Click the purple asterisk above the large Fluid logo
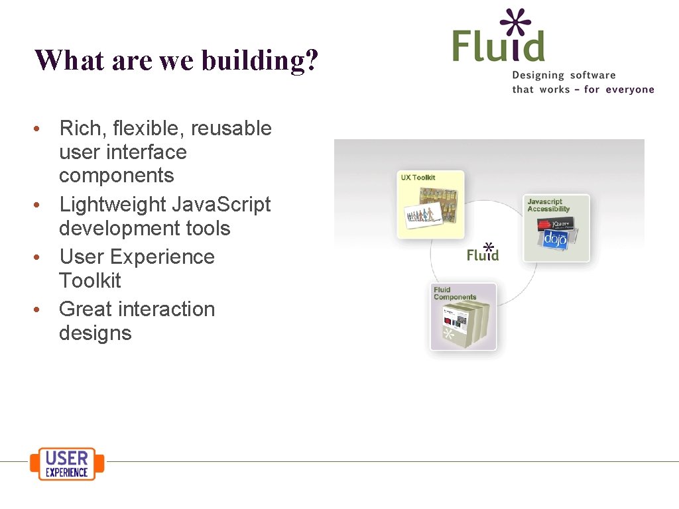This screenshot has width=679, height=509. pos(516,23)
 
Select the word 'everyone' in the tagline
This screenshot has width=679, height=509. pos(628,89)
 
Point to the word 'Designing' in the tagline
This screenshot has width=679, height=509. pos(538,76)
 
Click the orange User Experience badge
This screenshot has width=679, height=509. pos(67,463)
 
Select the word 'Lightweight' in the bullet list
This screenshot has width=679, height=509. pos(113,204)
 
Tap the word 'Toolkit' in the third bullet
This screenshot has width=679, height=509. pos(90,280)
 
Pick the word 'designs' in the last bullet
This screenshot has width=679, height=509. pos(95,333)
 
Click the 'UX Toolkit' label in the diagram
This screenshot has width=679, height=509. pos(418,178)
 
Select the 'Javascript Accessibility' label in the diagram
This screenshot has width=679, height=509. pos(548,205)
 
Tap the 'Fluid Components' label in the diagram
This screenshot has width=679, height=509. pos(454,294)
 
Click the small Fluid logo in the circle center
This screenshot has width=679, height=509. pos(483,253)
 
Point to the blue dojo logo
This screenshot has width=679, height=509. pos(556,239)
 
